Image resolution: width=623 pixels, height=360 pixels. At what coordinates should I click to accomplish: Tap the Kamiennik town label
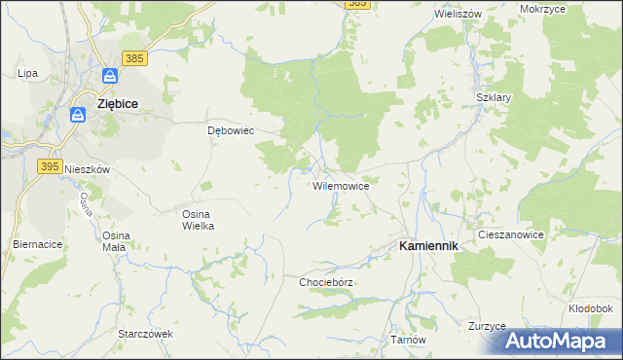pos(429,247)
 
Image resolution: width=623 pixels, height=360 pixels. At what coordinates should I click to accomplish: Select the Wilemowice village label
pos(340,185)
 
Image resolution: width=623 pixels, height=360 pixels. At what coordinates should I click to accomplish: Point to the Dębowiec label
pos(231,130)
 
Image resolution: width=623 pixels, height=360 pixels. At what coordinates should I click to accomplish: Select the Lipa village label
pos(27,73)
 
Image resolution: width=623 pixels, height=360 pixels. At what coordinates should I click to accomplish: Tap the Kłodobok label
pos(589,308)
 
